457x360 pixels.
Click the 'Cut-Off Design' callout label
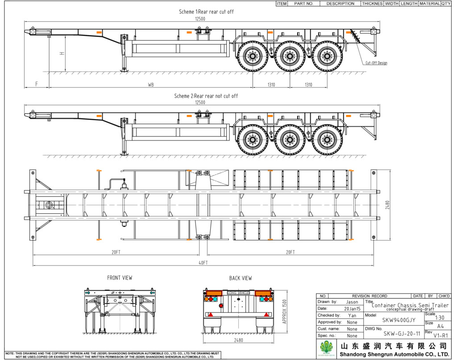pos(376,63)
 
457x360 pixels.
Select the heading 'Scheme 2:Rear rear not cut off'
pos(206,96)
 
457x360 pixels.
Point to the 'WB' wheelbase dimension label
pos(151,85)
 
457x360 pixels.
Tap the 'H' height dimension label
pos(62,54)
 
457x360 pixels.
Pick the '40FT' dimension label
pos(203,263)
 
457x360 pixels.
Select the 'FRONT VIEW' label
pos(120,278)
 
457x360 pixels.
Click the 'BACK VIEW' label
pos(241,278)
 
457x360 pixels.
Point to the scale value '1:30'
pos(440,318)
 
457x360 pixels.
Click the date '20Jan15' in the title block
pos(352,309)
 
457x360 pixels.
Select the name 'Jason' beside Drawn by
pos(352,302)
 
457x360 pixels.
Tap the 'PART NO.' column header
pos(304,4)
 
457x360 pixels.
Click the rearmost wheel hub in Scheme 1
pos(327,56)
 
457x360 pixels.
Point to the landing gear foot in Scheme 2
pos(124,153)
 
